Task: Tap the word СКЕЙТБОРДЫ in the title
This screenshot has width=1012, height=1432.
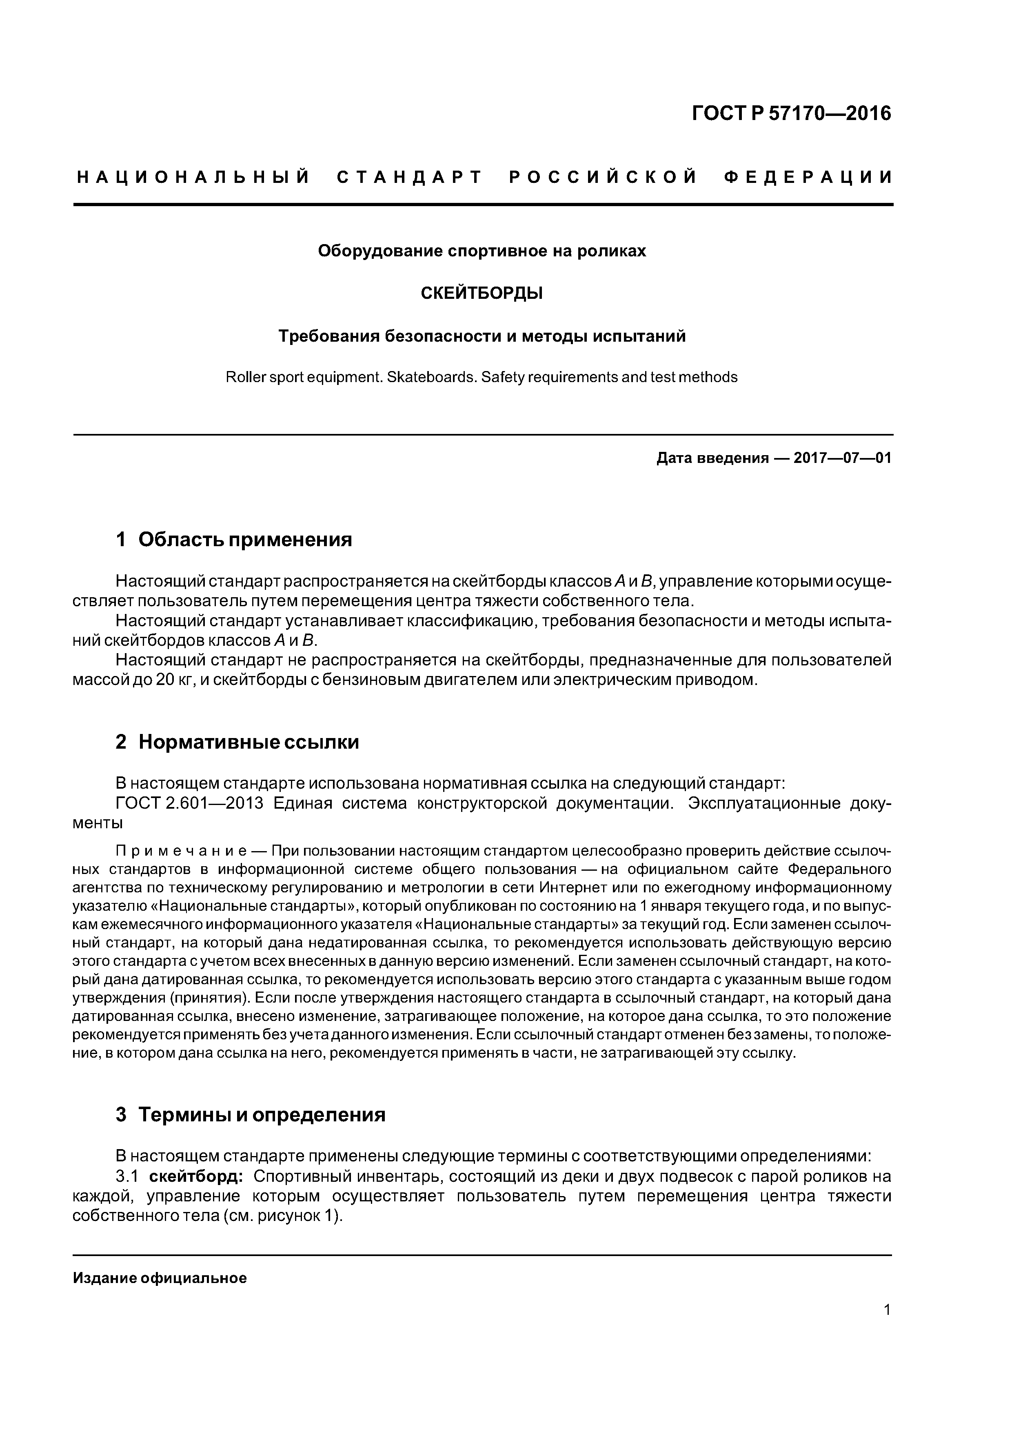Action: (482, 293)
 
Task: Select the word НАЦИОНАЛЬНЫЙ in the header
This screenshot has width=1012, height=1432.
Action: (193, 178)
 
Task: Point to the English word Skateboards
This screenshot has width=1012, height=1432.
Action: (429, 377)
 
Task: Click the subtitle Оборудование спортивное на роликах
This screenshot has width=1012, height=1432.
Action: (482, 251)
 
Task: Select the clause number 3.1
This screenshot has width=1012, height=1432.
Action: (126, 1176)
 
